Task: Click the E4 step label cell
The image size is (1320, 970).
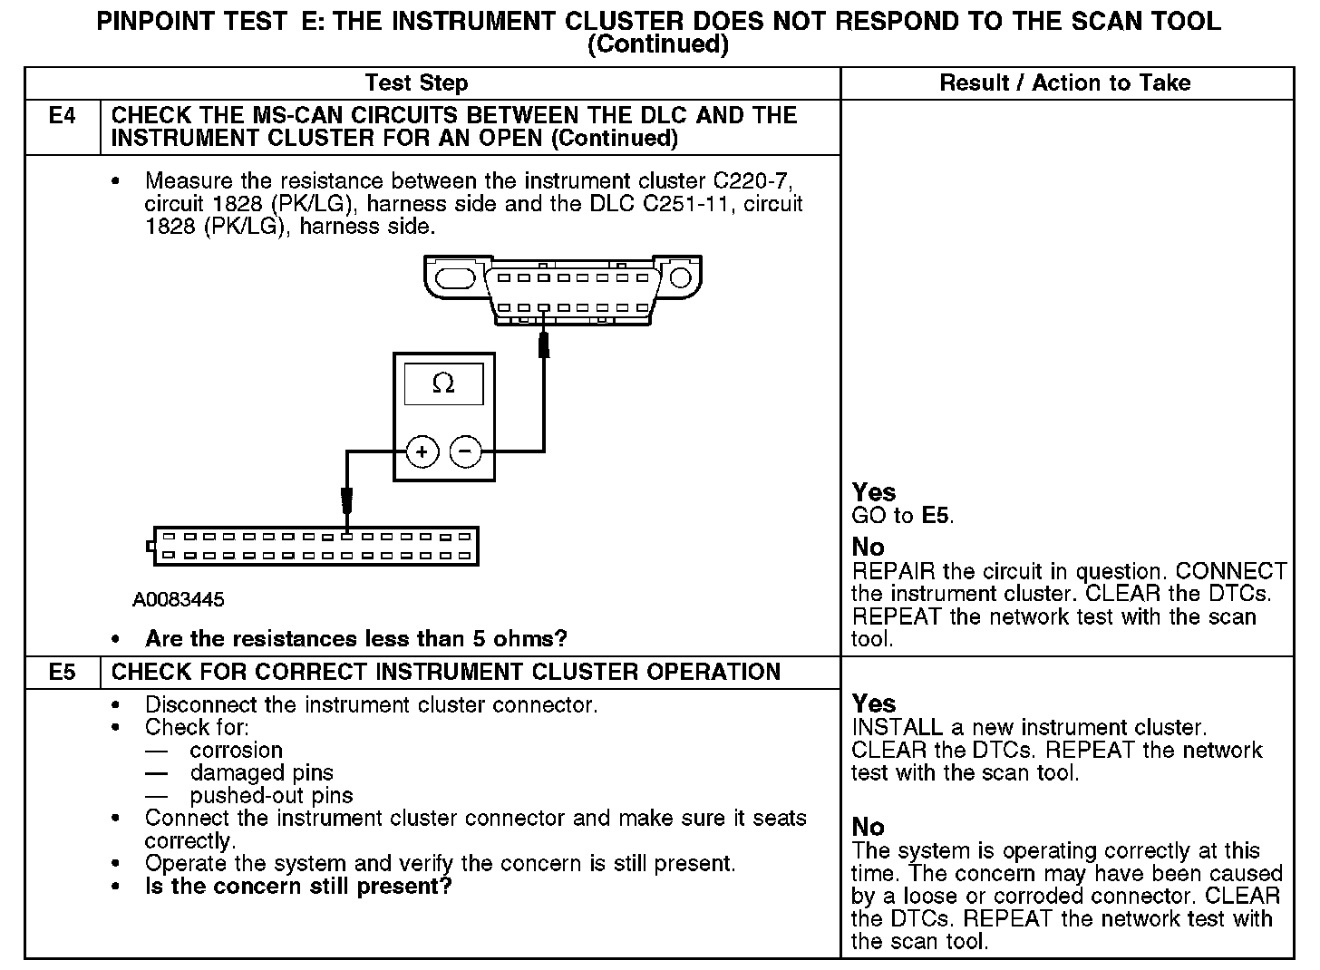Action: click(x=62, y=116)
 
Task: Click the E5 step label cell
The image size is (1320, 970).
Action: click(x=62, y=673)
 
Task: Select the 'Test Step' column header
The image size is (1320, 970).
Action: click(x=416, y=83)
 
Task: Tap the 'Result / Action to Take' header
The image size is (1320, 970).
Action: click(x=1065, y=83)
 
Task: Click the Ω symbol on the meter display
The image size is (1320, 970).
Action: click(x=443, y=384)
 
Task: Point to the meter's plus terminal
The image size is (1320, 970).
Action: click(x=422, y=451)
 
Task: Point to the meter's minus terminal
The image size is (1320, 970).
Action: click(x=466, y=451)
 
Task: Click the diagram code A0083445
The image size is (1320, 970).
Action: click(x=179, y=600)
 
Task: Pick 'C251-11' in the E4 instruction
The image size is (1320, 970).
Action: click(x=692, y=204)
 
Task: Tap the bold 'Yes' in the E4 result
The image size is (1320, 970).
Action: click(x=874, y=492)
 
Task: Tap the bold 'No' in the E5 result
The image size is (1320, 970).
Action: click(x=869, y=827)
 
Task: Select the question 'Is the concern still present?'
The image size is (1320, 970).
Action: click(x=297, y=886)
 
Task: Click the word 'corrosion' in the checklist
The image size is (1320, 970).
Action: click(x=236, y=751)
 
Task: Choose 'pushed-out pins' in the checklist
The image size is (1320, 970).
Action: click(x=271, y=796)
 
